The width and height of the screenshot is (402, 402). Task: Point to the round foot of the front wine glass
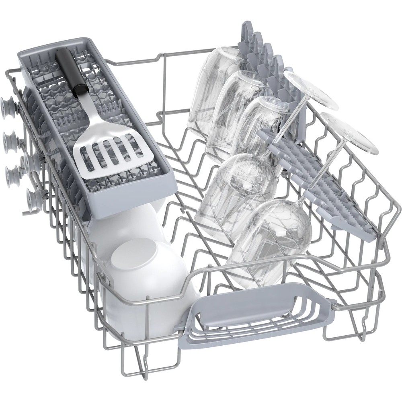pos(350,133)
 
